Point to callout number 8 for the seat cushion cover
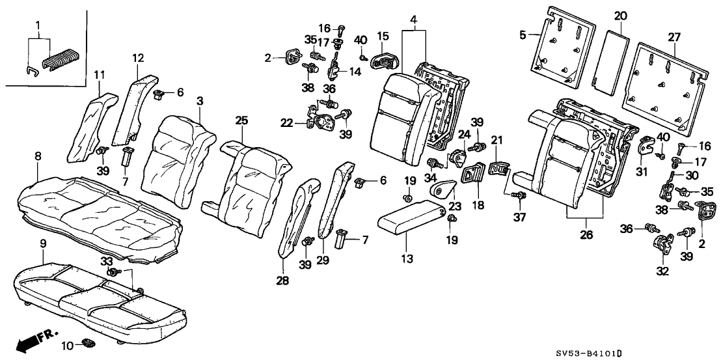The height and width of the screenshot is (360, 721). pyautogui.click(x=38, y=157)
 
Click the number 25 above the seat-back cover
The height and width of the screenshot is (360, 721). pyautogui.click(x=241, y=120)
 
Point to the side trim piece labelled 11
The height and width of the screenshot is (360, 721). pyautogui.click(x=91, y=127)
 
